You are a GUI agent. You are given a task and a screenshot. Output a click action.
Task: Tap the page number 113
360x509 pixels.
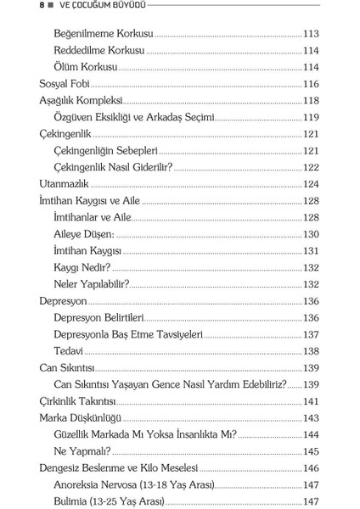(x=311, y=35)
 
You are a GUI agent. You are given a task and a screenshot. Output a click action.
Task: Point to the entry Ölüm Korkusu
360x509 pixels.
(x=86, y=67)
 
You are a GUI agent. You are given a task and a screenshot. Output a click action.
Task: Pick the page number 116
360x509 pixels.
(x=311, y=84)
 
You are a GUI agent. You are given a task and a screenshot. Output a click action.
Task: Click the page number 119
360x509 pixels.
(x=311, y=117)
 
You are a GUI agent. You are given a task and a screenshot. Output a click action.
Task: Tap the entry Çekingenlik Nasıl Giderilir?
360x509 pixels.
(x=112, y=166)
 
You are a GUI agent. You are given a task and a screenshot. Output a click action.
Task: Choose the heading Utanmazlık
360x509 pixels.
(x=65, y=183)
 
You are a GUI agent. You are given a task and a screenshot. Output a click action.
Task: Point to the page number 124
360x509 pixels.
(x=311, y=183)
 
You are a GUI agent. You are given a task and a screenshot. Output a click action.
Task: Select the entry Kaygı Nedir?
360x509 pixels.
(x=82, y=266)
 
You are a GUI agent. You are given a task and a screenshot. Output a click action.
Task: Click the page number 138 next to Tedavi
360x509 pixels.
(x=311, y=350)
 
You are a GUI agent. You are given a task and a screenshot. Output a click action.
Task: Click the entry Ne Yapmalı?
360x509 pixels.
(x=82, y=450)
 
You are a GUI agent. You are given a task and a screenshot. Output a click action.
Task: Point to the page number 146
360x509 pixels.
(x=311, y=467)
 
